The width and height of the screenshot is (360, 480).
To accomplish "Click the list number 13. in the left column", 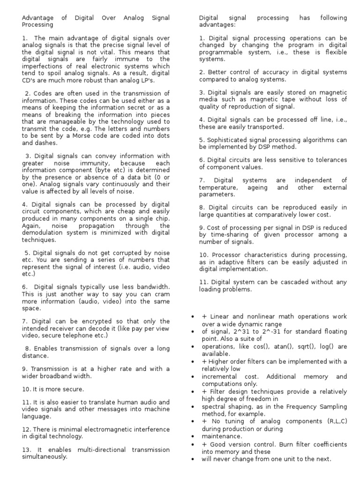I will point(26,450).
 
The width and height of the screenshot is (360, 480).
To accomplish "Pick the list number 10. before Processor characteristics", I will point(204,255).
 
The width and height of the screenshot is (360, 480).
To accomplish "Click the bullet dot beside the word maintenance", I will point(192,436).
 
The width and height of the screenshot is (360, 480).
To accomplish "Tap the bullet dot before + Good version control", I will point(192,444).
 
